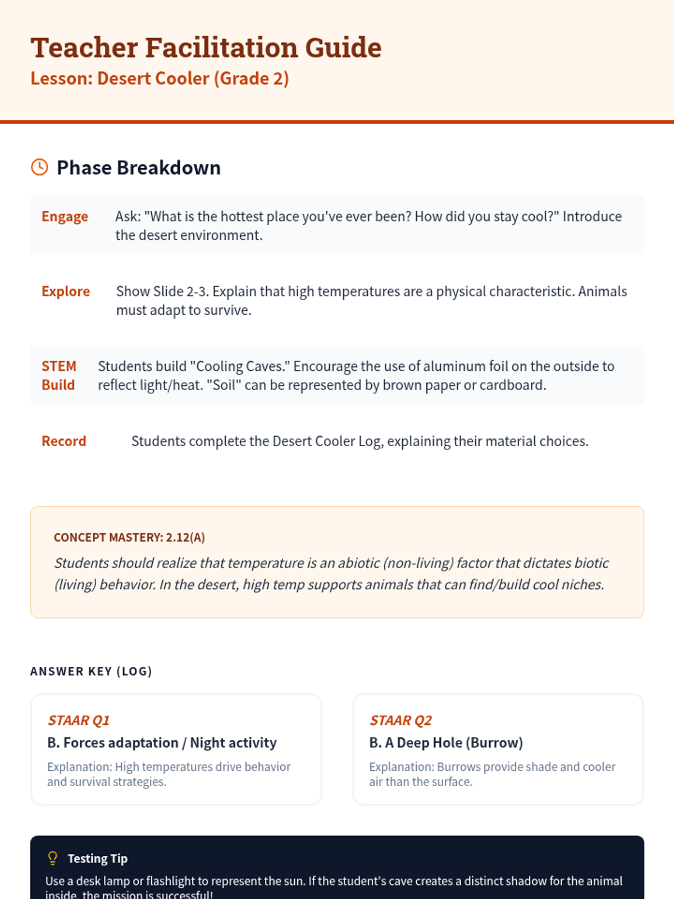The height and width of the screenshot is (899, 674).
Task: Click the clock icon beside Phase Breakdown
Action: (39, 167)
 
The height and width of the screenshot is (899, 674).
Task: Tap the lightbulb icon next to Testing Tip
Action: (53, 858)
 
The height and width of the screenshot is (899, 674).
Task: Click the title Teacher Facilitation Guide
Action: (206, 47)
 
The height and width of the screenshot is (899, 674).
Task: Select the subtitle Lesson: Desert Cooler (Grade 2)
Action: (160, 79)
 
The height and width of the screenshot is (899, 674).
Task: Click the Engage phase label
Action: (65, 217)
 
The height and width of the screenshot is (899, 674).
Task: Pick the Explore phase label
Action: (66, 292)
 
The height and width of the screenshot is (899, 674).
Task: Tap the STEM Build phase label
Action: (58, 375)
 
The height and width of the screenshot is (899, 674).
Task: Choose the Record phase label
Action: (64, 442)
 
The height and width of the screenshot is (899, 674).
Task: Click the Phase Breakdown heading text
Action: (139, 168)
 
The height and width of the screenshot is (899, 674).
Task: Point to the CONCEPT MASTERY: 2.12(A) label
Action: (129, 538)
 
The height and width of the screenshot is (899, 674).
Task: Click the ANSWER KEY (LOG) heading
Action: (91, 671)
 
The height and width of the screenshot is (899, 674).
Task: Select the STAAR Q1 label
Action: (79, 720)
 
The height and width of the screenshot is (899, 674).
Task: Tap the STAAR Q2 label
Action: (400, 720)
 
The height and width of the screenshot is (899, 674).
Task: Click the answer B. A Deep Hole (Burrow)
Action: (446, 743)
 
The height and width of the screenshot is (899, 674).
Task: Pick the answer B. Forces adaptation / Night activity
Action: (162, 743)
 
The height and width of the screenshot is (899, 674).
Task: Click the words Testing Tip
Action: (98, 859)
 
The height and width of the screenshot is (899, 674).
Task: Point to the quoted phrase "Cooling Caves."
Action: (240, 366)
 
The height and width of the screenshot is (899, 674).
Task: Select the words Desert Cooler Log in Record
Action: (326, 442)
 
